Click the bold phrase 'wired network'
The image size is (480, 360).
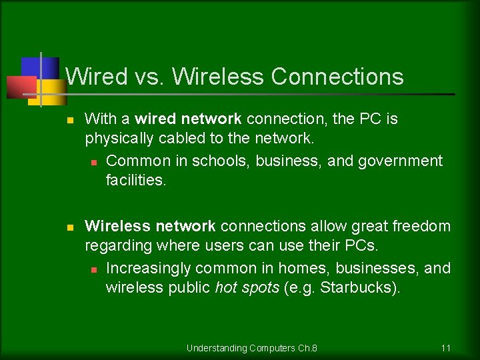188,119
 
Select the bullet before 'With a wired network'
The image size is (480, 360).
69,120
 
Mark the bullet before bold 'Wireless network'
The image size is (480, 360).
69,227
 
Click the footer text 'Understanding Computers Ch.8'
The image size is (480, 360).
252,348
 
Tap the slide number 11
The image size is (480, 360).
446,348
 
